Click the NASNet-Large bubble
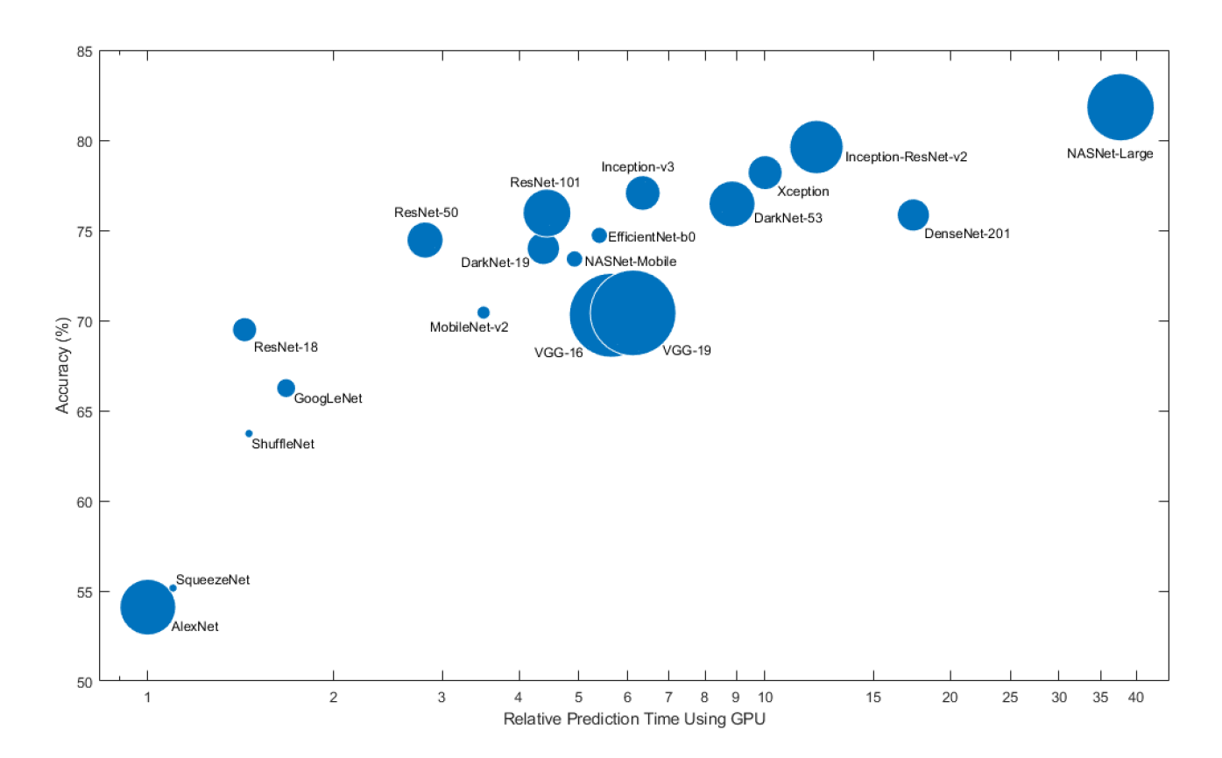pyautogui.click(x=1120, y=108)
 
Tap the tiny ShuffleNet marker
pyautogui.click(x=249, y=433)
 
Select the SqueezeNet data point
pyautogui.click(x=173, y=588)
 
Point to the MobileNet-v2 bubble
pyautogui.click(x=483, y=312)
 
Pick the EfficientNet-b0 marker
pyautogui.click(x=599, y=235)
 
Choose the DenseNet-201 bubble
pyautogui.click(x=913, y=214)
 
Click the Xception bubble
pyautogui.click(x=765, y=172)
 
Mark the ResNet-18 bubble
pyautogui.click(x=244, y=329)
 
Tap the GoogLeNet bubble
pyautogui.click(x=286, y=388)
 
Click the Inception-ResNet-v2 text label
pyautogui.click(x=906, y=158)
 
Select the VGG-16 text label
pyautogui.click(x=558, y=353)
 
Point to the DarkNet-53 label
pyautogui.click(x=788, y=218)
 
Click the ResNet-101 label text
pyautogui.click(x=545, y=183)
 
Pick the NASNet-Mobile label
pyautogui.click(x=630, y=261)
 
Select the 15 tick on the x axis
pyautogui.click(x=872, y=698)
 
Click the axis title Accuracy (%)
pyautogui.click(x=62, y=366)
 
